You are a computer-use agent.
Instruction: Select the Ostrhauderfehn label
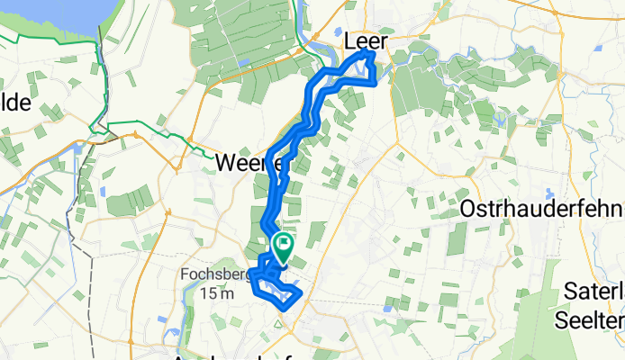[x=541, y=209]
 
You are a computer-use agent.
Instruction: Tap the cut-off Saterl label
[x=593, y=290]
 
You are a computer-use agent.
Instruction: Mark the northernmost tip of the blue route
[x=371, y=53]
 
